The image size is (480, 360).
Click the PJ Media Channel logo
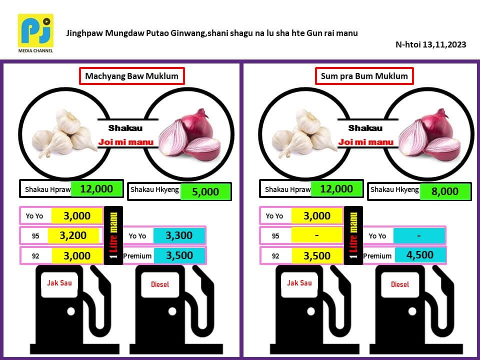pyautogui.click(x=35, y=33)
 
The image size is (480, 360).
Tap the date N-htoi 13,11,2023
pyautogui.click(x=430, y=44)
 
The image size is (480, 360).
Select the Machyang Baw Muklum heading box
pyautogui.click(x=132, y=76)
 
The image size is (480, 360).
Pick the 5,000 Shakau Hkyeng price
pyautogui.click(x=205, y=191)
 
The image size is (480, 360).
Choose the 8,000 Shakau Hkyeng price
pyautogui.click(x=445, y=191)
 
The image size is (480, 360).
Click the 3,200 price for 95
pyautogui.click(x=73, y=235)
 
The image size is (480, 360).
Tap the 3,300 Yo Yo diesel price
pyautogui.click(x=179, y=235)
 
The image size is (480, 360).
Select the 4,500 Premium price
pyautogui.click(x=419, y=255)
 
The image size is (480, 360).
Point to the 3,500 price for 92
pyautogui.click(x=317, y=255)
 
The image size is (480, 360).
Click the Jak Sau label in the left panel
pyautogui.click(x=59, y=283)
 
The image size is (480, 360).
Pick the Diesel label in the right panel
pyautogui.click(x=399, y=284)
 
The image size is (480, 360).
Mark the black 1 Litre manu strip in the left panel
pyautogui.click(x=113, y=235)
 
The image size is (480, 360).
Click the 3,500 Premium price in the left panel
pyautogui.click(x=179, y=255)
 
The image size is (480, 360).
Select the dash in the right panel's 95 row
pyautogui.click(x=317, y=235)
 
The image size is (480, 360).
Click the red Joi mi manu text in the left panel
pyautogui.click(x=126, y=142)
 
